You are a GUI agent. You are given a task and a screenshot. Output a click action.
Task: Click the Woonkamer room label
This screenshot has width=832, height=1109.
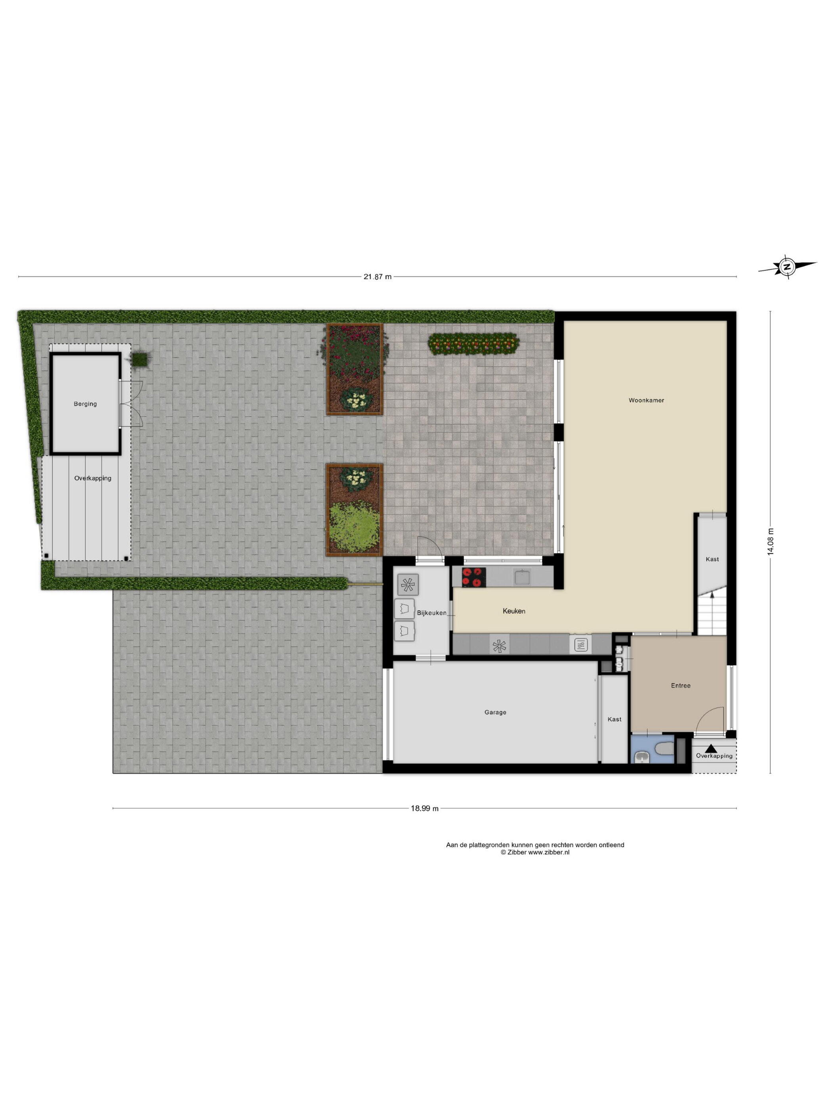pos(646,400)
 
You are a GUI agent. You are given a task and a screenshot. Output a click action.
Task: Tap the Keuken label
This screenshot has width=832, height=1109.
pos(514,611)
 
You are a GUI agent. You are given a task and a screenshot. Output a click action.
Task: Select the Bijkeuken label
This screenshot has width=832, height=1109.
pos(431,613)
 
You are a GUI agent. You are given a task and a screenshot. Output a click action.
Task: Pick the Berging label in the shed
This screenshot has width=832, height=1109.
pos(85,404)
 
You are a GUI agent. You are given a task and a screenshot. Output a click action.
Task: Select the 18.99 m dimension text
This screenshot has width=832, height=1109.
pos(425,809)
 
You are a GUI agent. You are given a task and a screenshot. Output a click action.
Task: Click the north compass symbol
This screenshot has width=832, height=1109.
pos(786,267)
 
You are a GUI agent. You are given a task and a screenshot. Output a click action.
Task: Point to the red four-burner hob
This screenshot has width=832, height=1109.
pos(474,577)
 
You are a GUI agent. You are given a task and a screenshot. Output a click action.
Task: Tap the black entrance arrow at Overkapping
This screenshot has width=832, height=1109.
pos(711,749)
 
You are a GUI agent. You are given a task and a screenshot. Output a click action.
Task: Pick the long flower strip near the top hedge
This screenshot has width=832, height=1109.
pos(473,344)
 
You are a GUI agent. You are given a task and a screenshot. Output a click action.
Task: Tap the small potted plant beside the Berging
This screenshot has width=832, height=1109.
pos(140,358)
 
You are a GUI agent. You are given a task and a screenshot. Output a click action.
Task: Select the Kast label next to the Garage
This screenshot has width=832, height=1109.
pos(614,719)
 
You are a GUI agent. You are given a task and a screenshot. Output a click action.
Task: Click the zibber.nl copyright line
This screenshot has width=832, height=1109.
pos(534,852)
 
